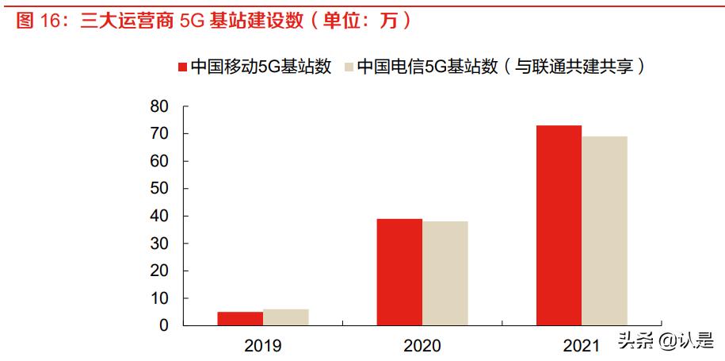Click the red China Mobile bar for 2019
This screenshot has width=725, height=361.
(240, 318)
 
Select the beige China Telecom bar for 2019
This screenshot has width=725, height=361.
(285, 317)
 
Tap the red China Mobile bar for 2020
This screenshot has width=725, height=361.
(399, 272)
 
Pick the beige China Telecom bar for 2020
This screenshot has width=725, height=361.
(445, 274)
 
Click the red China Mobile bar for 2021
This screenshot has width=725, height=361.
(559, 225)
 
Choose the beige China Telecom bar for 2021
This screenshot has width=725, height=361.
(605, 231)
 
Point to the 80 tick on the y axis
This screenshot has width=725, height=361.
(159, 106)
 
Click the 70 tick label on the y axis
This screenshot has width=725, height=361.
(159, 134)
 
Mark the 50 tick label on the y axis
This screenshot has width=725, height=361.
(159, 189)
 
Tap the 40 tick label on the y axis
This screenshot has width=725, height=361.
(159, 216)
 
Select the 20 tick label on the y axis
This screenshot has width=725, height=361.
(159, 271)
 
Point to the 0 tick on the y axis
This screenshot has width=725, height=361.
(164, 325)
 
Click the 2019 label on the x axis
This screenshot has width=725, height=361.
(263, 346)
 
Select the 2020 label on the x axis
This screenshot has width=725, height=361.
(422, 346)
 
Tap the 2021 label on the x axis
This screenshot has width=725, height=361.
(582, 346)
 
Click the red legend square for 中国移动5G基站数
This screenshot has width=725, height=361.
(181, 67)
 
